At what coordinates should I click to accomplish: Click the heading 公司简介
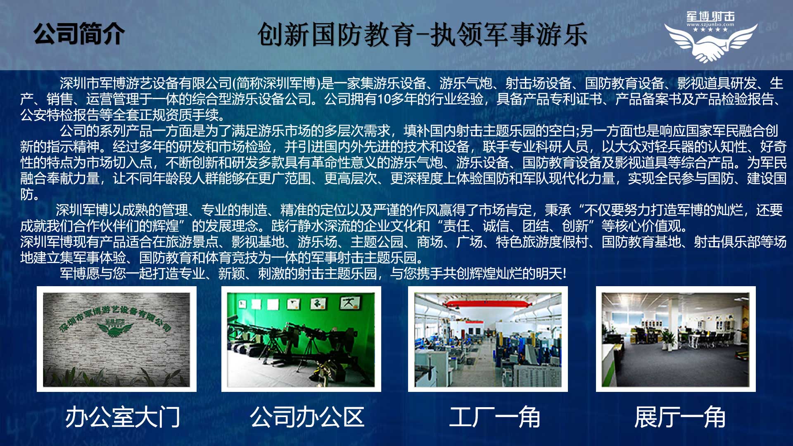(x=79, y=33)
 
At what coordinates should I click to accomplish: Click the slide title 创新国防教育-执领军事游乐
(x=422, y=35)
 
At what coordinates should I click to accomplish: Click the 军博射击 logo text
(x=710, y=17)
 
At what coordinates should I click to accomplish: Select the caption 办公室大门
(x=123, y=417)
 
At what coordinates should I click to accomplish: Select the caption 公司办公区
(x=307, y=417)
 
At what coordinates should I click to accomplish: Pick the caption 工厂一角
(x=494, y=417)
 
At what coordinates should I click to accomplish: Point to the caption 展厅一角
(x=680, y=417)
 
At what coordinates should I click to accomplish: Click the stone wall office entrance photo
(x=116, y=339)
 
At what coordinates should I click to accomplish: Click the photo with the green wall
(x=301, y=339)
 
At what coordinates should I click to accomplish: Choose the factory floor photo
(x=488, y=339)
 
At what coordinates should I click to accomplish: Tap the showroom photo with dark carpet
(x=676, y=339)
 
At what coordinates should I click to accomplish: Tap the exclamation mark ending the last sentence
(x=564, y=273)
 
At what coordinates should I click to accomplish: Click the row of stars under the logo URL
(x=710, y=29)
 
